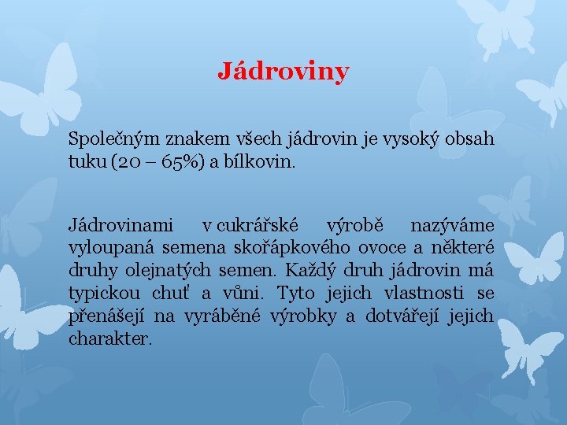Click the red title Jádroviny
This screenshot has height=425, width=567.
[x=283, y=72]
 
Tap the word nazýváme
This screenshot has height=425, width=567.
[x=452, y=226]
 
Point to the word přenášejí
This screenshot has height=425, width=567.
[x=107, y=316]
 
